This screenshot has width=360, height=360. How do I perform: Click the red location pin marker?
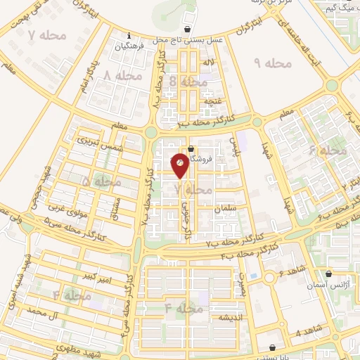coord(180,165)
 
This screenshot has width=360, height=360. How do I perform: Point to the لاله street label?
coord(207,63)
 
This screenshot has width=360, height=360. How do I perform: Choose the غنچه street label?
coord(209,101)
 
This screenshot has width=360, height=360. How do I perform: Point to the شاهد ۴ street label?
coord(307,333)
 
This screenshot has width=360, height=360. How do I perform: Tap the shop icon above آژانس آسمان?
coord(329,275)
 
